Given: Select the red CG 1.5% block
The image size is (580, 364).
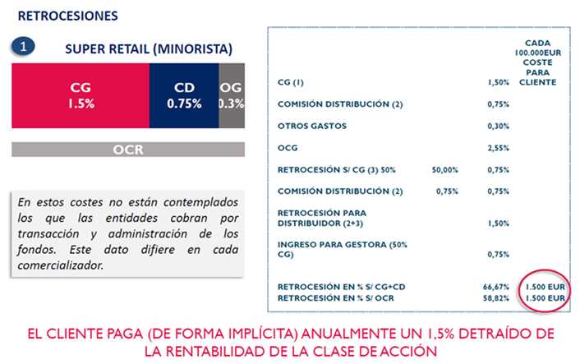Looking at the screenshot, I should (80, 94).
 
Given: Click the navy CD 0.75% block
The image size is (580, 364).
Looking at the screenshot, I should (183, 94).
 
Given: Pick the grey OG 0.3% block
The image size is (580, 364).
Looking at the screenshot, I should (231, 94).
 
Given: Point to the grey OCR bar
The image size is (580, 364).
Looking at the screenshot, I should (128, 150).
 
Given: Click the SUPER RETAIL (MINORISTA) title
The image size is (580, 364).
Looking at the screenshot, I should (149, 48).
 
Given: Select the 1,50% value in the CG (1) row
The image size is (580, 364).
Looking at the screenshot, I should (498, 83).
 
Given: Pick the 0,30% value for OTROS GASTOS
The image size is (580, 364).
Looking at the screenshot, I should (498, 126).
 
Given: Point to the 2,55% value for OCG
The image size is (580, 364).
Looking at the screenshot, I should (498, 147).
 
